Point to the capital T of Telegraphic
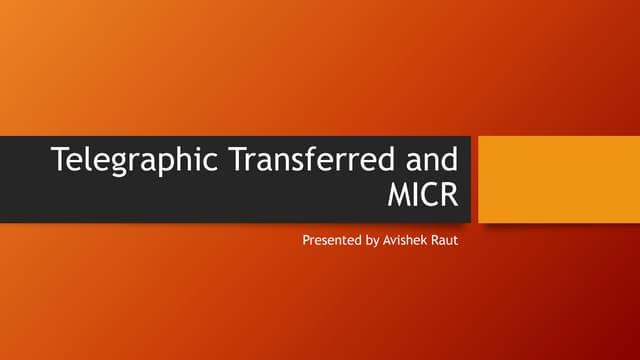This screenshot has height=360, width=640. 58,159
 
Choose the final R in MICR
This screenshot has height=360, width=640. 456,193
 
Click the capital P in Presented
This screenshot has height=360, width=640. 306,242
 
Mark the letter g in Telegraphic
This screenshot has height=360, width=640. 112,163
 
